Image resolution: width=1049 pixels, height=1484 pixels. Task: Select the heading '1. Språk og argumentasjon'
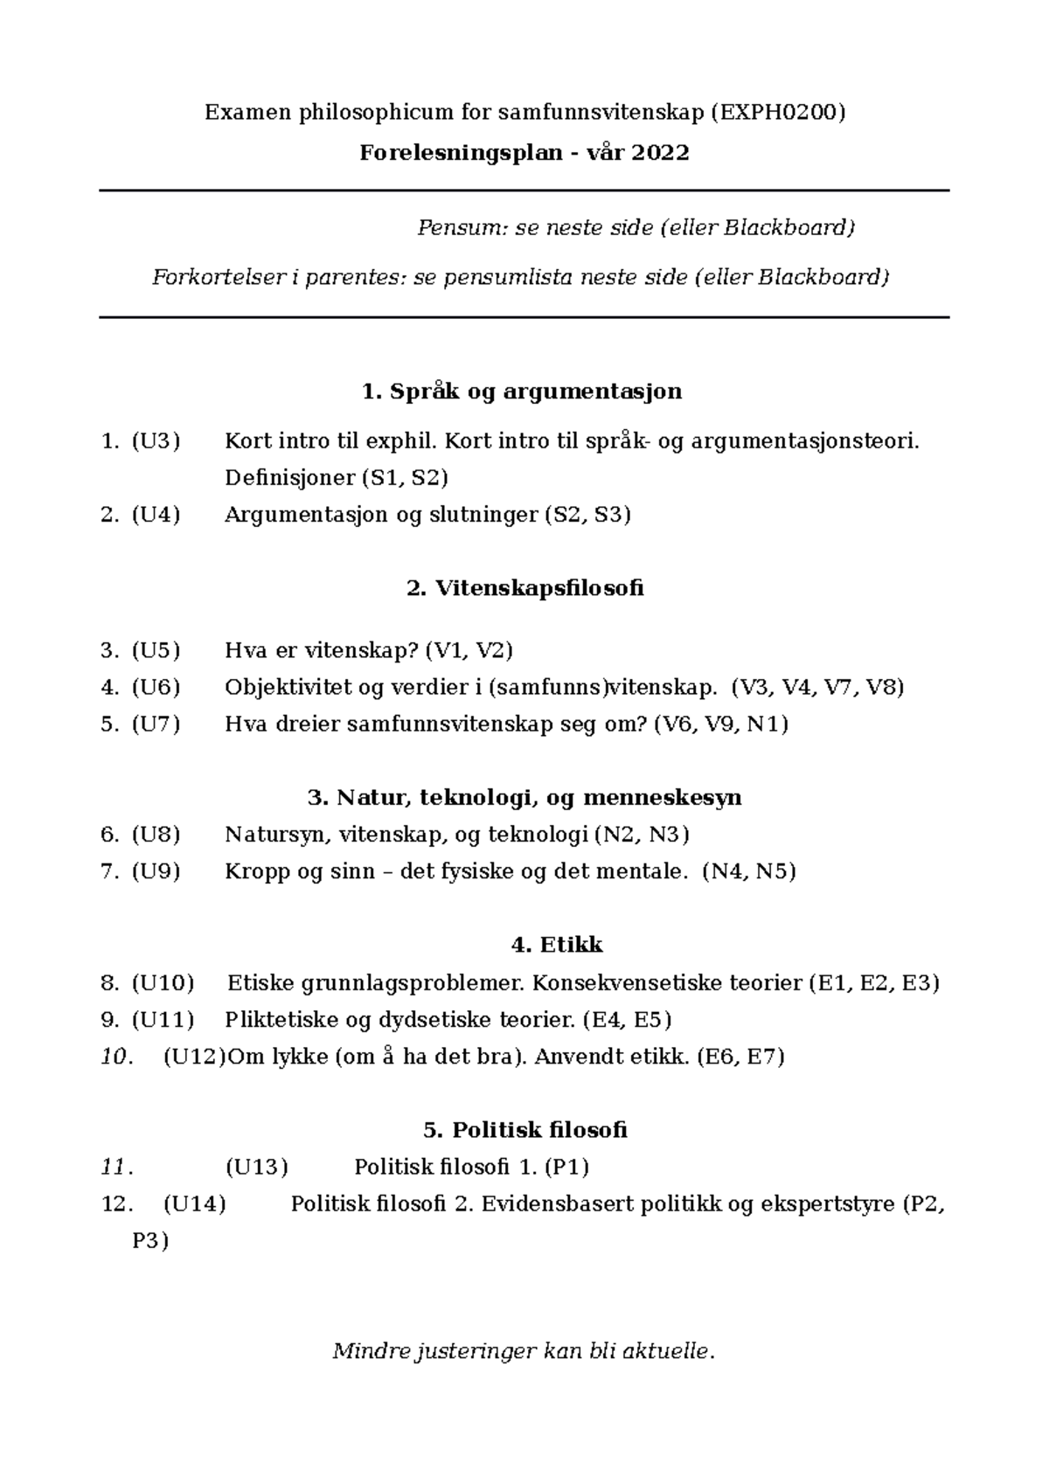pos(522,391)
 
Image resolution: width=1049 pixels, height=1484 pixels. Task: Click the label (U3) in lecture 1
pos(156,440)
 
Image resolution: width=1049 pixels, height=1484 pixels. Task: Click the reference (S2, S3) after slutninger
pos(587,515)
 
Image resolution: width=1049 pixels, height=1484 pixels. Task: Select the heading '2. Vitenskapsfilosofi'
pos(524,587)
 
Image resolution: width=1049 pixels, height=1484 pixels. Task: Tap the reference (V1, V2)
pos(469,650)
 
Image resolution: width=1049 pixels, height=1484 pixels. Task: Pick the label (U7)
pos(156,724)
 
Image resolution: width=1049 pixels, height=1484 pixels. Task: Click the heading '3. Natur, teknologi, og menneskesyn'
pos(524,797)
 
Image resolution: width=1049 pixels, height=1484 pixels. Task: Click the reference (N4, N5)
pos(748,871)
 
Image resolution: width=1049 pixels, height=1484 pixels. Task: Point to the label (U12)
pos(194,1057)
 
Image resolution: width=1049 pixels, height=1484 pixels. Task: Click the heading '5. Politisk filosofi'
pos(524,1130)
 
